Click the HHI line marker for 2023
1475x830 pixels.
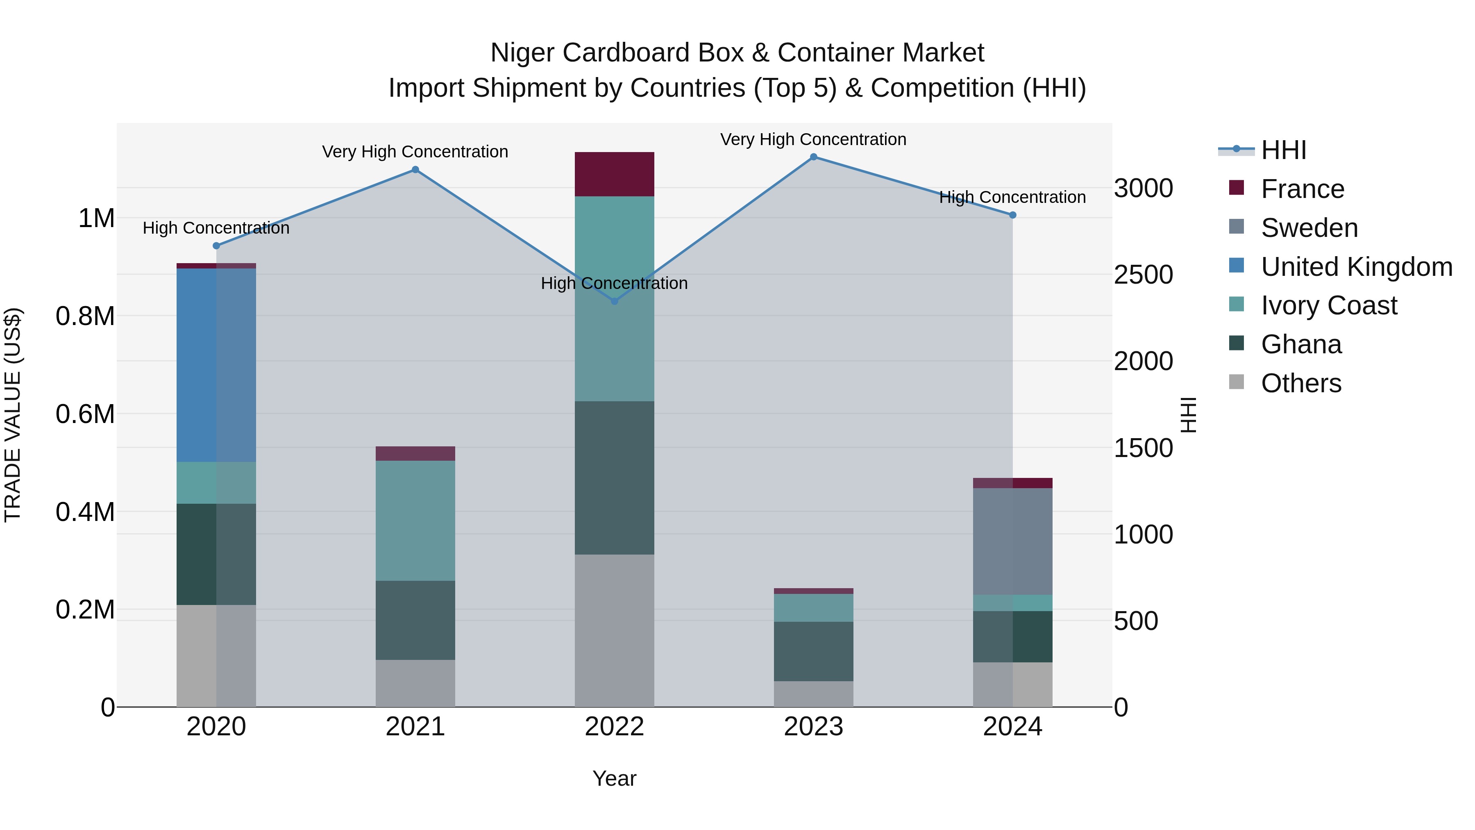(813, 157)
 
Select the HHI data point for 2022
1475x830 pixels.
(615, 301)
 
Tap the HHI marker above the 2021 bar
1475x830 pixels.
(415, 170)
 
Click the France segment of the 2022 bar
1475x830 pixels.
(615, 174)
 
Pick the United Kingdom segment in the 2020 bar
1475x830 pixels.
(216, 365)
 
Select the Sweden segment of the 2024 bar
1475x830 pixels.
(1012, 541)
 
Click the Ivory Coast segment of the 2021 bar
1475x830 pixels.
(415, 521)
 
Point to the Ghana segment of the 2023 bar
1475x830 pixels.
(813, 651)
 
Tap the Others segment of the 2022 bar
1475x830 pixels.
(615, 630)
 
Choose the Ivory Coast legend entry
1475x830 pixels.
(1328, 305)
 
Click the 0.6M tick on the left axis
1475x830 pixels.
(85, 414)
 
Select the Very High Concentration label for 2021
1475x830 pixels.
(415, 152)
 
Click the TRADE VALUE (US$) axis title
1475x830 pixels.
(13, 415)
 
